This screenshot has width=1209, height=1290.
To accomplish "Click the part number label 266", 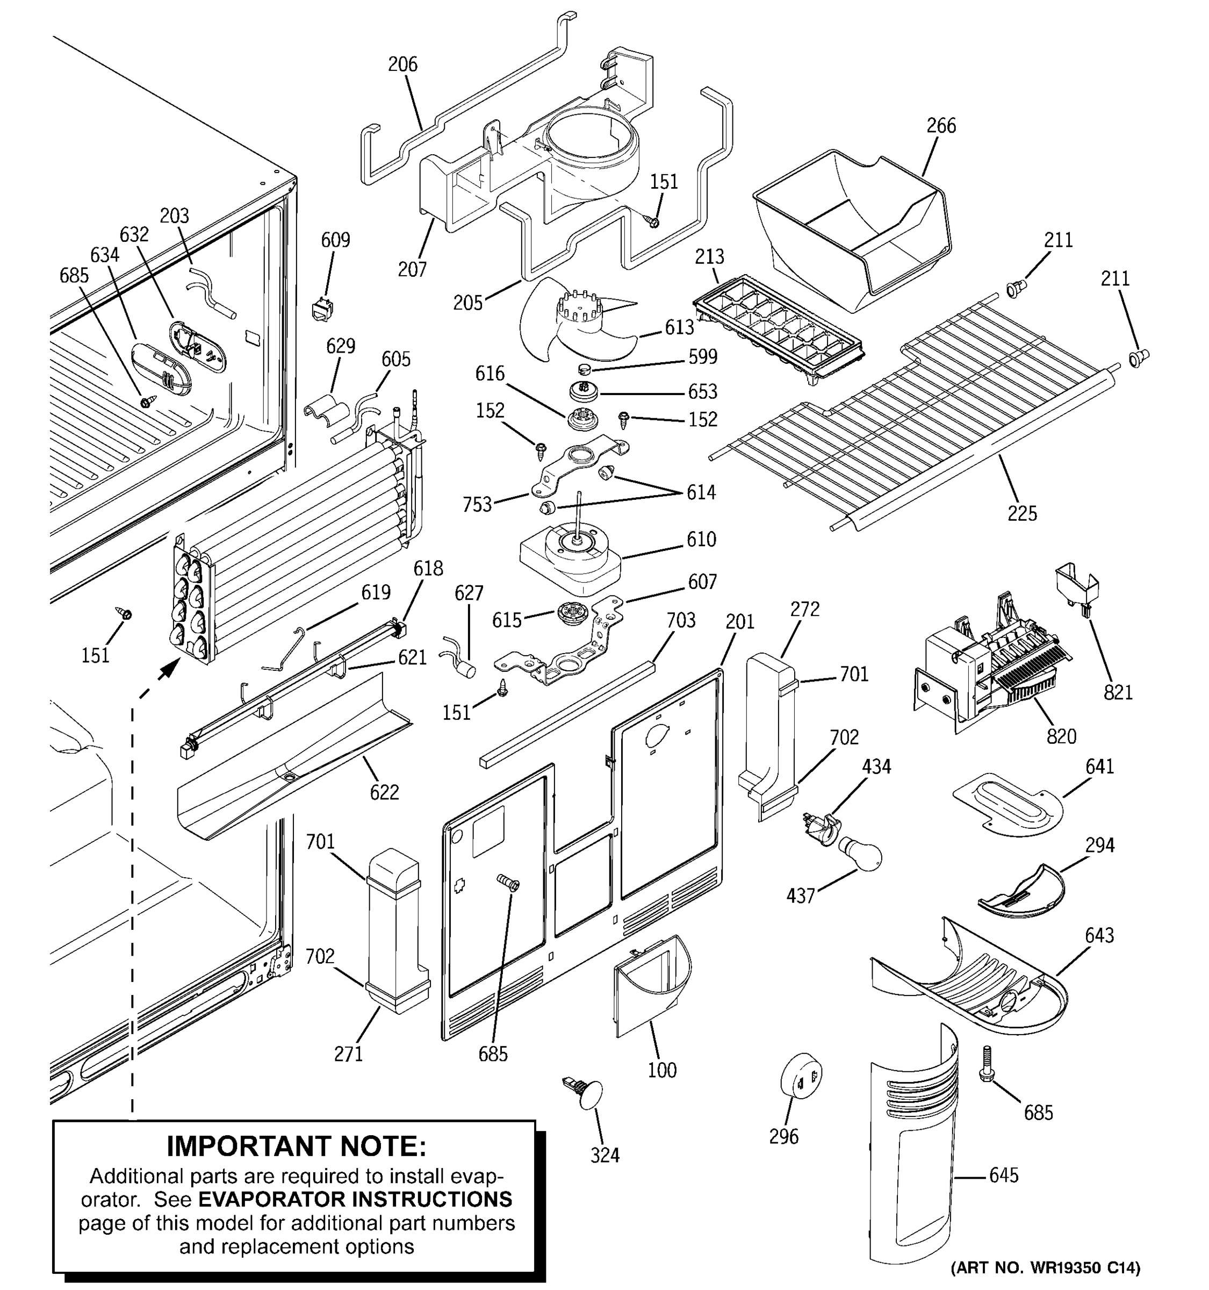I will pos(940,125).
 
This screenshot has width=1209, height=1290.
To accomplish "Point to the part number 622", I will pos(384,792).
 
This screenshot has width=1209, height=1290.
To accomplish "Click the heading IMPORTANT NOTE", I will pos(297,1146).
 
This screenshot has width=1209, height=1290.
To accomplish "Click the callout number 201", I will pos(739,622).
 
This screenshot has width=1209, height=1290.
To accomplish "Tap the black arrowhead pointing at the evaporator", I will pos(170,667).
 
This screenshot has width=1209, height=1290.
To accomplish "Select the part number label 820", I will pos(1061,736).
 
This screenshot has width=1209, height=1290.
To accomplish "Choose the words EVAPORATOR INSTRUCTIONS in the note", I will pos(355,1199).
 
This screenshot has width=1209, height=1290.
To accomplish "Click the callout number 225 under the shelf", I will pos(1022,513).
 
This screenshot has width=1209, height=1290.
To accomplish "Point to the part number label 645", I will pos(1003,1175).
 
